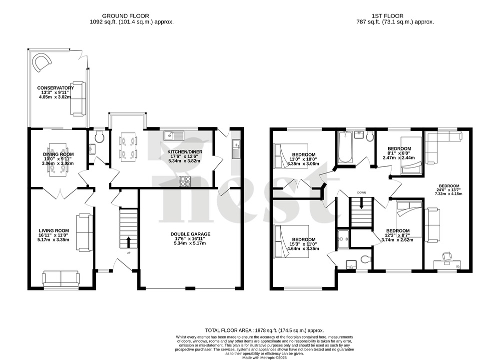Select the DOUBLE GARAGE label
tap(190, 233)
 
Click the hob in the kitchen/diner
tap(185, 181)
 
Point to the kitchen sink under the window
tap(173, 135)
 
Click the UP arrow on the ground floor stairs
tap(129, 242)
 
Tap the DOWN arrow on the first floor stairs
tap(361, 205)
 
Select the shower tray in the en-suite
tap(344, 238)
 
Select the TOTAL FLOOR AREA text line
tap(265, 330)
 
